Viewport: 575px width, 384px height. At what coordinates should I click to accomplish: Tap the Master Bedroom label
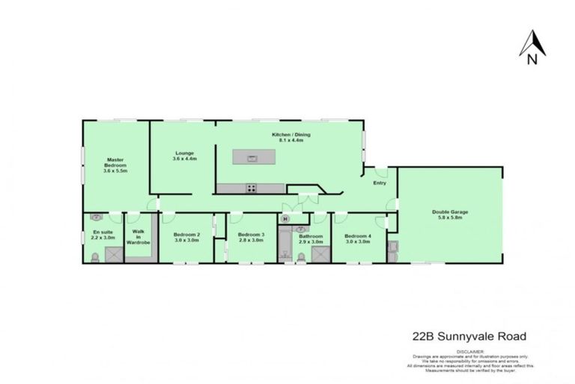click(x=115, y=165)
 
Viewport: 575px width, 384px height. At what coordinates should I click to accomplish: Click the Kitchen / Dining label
click(x=290, y=137)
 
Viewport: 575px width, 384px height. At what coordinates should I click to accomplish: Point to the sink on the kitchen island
click(x=252, y=158)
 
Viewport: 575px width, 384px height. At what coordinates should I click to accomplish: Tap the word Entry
click(x=380, y=183)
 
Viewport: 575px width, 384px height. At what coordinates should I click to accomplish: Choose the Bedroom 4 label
click(x=359, y=238)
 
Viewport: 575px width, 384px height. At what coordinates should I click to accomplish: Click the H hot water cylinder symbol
click(x=285, y=218)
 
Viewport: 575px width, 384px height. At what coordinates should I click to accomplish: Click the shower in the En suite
click(x=112, y=255)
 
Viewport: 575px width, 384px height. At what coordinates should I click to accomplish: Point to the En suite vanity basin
click(x=97, y=217)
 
